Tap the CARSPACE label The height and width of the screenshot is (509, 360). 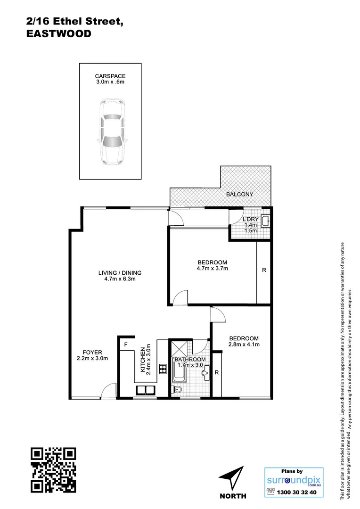[110, 76]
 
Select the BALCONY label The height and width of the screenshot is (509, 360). [239, 194]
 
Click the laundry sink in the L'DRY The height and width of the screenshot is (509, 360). [265, 221]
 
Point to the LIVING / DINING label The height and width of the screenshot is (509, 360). [120, 272]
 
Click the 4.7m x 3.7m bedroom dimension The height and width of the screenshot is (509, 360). [212, 269]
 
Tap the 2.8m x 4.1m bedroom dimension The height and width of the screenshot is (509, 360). [244, 345]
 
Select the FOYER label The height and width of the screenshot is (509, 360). [92, 352]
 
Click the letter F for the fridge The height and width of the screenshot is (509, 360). [126, 345]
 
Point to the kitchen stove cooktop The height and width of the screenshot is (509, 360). [163, 369]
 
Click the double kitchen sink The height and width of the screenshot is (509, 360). [147, 390]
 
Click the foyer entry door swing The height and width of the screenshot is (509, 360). [108, 390]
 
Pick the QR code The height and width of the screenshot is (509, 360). [53, 469]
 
